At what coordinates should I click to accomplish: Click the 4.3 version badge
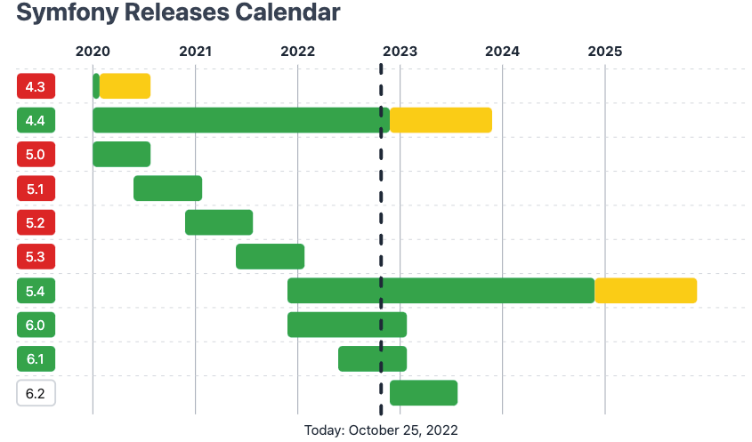point(36,86)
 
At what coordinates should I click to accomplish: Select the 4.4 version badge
point(36,120)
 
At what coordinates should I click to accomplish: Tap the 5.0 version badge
point(36,155)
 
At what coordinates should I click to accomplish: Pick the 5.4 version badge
point(36,291)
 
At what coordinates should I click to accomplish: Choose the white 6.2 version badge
point(36,393)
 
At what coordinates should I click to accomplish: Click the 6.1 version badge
point(36,359)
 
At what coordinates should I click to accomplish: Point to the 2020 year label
point(93,51)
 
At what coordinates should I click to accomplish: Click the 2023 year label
point(400,51)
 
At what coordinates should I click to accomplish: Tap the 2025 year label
point(605,51)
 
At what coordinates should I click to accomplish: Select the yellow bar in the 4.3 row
point(125,86)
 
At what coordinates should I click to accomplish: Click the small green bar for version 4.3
point(96,86)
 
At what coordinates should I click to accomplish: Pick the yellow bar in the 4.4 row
point(441,120)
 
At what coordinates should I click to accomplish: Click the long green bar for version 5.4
point(441,291)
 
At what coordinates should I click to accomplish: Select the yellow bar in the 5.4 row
point(645,291)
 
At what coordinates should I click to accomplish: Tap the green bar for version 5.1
point(167,189)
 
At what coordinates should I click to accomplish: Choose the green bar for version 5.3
point(270,256)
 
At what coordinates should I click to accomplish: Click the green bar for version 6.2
point(424,393)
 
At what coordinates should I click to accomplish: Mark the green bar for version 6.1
point(372,359)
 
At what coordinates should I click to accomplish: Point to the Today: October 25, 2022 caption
point(381,430)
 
